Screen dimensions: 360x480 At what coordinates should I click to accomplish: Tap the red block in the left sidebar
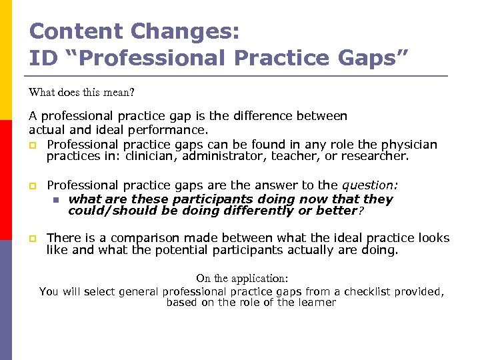pos(6,180)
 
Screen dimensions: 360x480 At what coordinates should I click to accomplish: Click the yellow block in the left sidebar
pos(6,60)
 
